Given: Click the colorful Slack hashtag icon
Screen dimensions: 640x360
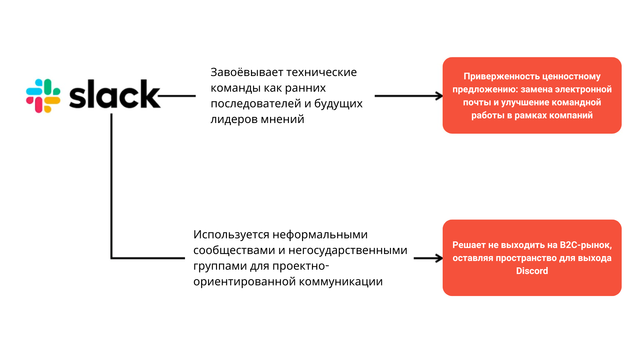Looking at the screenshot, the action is pos(43,96).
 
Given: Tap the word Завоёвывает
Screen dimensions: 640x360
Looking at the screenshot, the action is pos(246,72).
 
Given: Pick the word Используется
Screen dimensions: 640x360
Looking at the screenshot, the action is pos(231,235).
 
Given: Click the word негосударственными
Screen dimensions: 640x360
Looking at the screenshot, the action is pos(348,250).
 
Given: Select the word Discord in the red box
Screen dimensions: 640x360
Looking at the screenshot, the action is pos(532,271).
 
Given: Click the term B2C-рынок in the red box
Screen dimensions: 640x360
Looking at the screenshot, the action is pos(586,245).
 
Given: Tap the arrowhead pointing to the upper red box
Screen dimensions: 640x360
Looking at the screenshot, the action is pos(439,96).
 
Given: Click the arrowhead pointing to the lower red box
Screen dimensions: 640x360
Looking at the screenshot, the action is pos(439,258).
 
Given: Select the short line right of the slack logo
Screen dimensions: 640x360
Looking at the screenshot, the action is pos(177,96).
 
